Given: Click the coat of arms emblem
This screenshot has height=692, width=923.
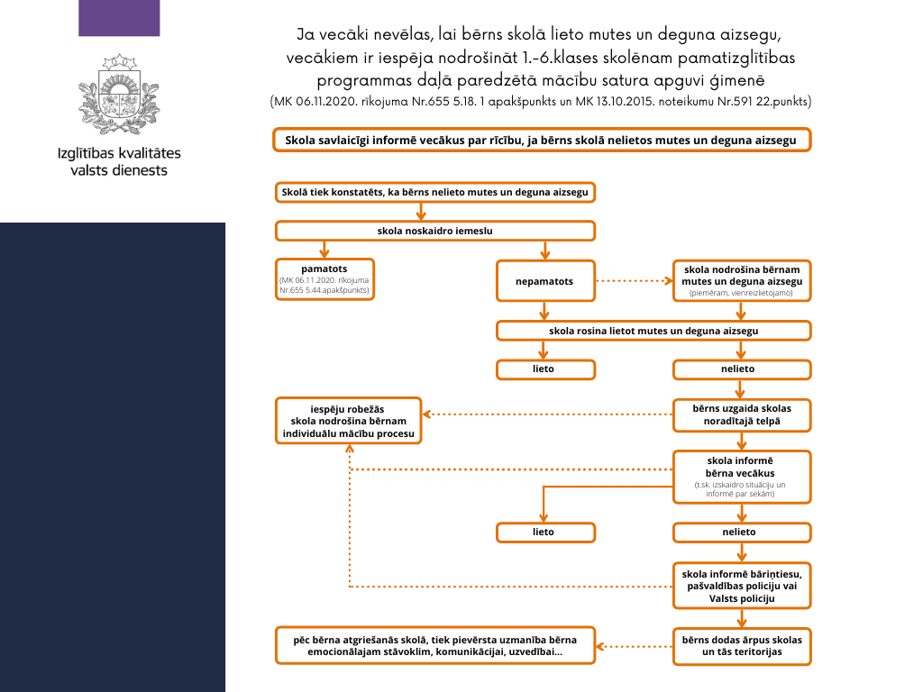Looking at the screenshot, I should point(120,94).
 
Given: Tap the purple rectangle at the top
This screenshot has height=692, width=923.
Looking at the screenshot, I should point(119,18).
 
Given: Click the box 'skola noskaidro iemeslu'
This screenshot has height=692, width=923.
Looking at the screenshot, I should point(434,231).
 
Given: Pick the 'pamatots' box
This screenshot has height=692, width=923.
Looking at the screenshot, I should point(324,279).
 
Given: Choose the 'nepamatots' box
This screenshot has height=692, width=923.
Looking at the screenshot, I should point(544,281).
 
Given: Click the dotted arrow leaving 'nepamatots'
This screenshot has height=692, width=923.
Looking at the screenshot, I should point(632,281).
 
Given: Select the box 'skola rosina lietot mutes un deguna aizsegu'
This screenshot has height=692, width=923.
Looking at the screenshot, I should point(653,331).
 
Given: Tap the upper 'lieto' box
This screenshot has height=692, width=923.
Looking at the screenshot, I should point(544,369).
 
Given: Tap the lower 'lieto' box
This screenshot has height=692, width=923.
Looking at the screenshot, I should point(544,532).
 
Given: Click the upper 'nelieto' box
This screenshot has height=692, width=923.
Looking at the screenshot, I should point(742,369).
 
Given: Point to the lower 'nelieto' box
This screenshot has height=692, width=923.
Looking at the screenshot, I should point(742,532).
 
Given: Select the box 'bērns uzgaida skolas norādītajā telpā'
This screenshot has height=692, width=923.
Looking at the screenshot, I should point(742,415).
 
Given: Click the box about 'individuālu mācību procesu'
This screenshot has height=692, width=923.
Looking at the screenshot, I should point(348,420).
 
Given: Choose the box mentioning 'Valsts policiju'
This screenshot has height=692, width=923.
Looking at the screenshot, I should point(742,586).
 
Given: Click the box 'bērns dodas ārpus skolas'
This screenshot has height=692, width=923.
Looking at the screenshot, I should point(742,645).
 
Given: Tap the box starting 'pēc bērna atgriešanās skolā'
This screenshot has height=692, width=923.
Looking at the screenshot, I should point(434,645).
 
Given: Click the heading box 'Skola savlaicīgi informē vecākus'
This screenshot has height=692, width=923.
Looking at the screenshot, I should point(541,140).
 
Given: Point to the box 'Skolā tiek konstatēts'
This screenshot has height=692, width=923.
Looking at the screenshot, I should point(434,192).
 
